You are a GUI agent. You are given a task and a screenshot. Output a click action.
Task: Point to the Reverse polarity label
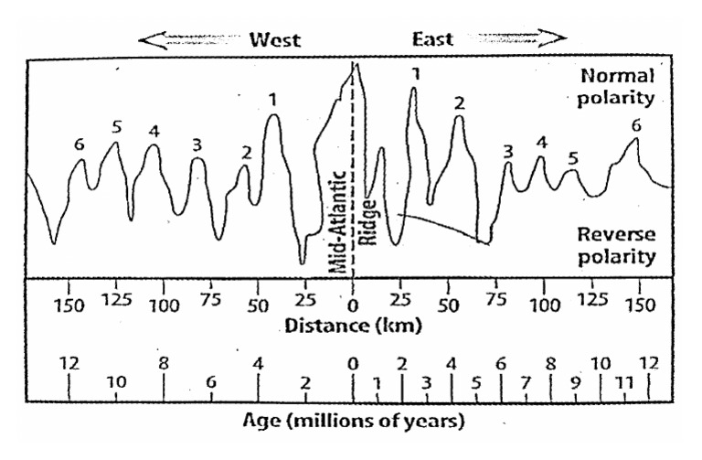617,245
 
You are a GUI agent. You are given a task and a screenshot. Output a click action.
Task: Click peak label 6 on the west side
80,144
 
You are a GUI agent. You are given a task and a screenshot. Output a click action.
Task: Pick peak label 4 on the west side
154,130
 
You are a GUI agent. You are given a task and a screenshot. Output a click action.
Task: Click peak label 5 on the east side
573,158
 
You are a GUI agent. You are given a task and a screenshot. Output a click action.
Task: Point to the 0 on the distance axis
353,303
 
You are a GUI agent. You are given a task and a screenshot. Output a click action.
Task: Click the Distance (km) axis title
352,325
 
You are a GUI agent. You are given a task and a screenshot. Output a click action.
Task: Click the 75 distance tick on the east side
496,303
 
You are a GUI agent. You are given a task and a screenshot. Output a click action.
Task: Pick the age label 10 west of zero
116,382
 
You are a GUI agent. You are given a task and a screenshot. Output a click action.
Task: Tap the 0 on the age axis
353,364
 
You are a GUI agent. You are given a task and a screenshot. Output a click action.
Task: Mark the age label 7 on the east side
526,382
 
